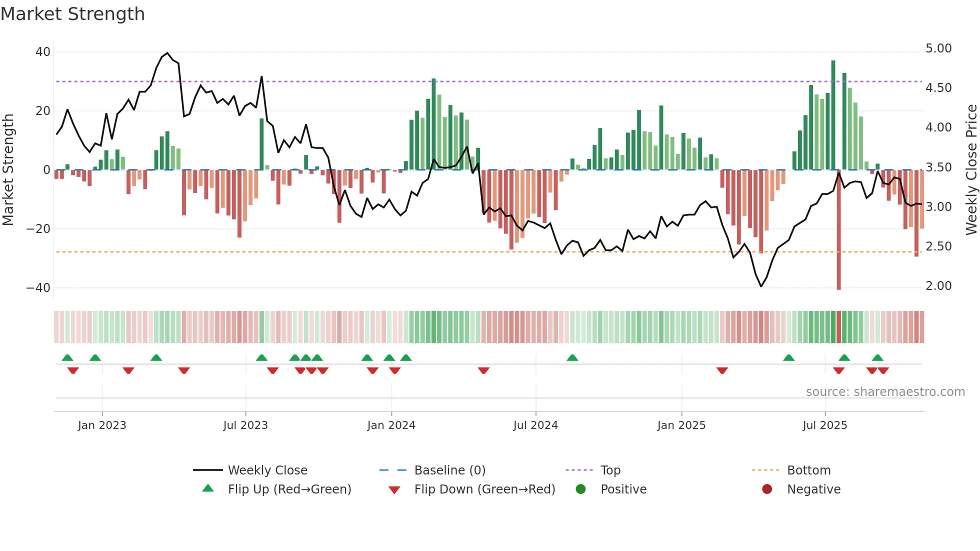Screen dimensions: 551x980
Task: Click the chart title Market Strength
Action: coord(72,14)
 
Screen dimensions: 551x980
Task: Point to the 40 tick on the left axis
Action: coord(42,52)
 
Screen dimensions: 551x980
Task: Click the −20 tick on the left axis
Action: coord(38,229)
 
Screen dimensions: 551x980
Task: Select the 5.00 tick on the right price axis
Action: coord(938,48)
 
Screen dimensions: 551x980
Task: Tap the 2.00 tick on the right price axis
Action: coord(938,286)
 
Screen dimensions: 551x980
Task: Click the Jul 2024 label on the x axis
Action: coord(535,425)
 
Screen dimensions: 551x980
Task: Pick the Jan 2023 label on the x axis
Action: coord(102,425)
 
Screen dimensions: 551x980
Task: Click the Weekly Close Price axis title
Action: coord(971,170)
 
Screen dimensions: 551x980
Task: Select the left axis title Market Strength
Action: coord(8,170)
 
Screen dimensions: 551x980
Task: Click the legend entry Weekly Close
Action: coord(267,470)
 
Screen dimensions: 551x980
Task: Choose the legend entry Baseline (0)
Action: coord(449,470)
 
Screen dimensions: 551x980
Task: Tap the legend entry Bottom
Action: coord(808,470)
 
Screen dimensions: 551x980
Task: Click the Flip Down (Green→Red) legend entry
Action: coord(484,489)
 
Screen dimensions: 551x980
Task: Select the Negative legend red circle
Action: coord(767,489)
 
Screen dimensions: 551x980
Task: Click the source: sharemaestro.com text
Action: coord(885,392)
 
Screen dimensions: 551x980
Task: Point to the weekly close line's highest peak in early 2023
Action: coord(167,53)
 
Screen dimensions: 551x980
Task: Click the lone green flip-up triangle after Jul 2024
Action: coord(572,357)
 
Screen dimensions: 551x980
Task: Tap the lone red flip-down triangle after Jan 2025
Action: coord(722,370)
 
